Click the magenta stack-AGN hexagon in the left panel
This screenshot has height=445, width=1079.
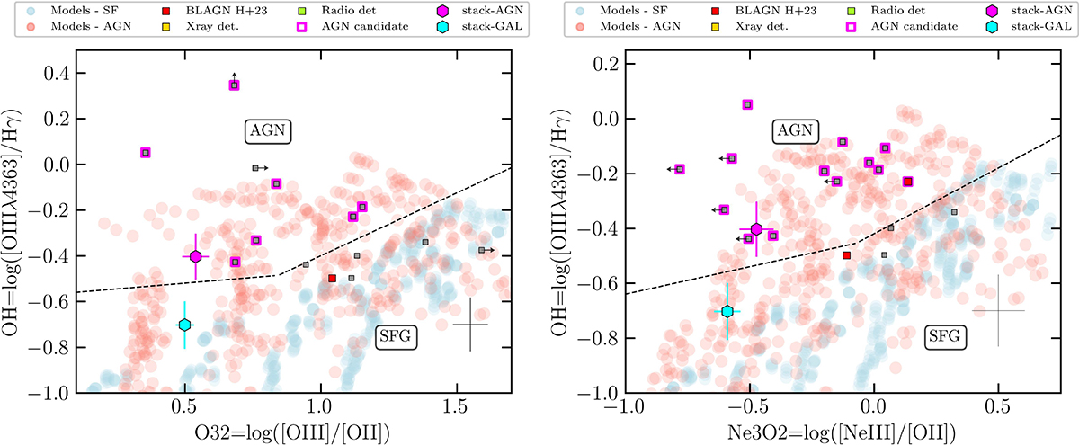point(196,256)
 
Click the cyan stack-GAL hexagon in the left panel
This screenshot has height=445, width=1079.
point(184,325)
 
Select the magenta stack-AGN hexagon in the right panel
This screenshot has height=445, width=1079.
point(756,229)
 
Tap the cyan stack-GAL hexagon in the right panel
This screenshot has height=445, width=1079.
point(727,311)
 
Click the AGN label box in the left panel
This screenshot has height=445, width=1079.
point(267,130)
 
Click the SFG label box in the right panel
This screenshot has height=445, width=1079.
point(947,337)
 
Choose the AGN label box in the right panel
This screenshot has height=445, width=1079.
point(794,130)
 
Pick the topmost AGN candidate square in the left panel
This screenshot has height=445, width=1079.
point(234,85)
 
